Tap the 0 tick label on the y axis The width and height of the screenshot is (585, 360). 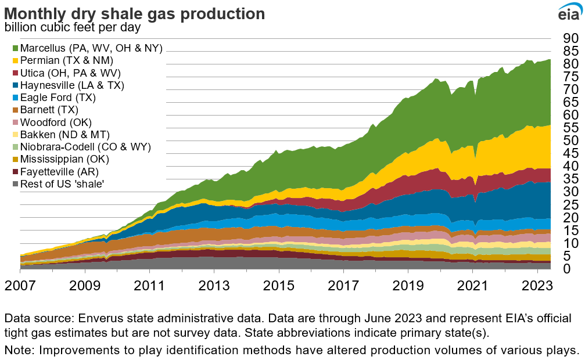[x=566, y=268]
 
